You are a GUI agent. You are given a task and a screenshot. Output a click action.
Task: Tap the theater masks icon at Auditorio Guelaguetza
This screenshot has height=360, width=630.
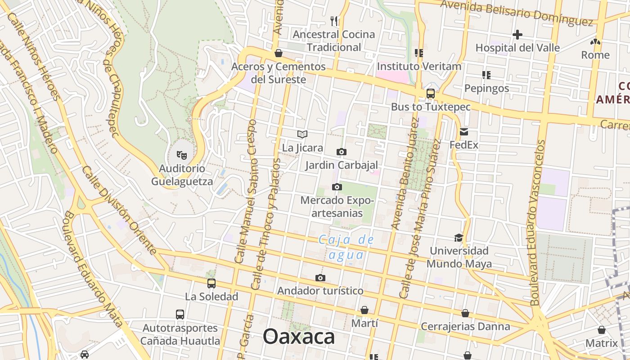tap(182, 155)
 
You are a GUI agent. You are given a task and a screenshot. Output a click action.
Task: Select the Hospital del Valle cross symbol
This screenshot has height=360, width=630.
tap(517, 34)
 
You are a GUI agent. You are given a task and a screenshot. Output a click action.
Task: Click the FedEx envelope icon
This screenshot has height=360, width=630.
tap(464, 132)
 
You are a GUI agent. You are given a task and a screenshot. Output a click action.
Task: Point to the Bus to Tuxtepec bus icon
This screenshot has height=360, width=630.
tap(431, 94)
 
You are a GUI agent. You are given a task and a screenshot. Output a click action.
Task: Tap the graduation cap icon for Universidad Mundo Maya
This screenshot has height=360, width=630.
tap(459, 237)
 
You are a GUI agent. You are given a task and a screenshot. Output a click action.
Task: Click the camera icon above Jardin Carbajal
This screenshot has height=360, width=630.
tap(342, 152)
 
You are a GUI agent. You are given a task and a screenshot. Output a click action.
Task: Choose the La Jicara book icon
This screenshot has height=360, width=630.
tap(302, 134)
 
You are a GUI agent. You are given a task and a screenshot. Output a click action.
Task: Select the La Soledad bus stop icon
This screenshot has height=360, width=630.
tap(211, 283)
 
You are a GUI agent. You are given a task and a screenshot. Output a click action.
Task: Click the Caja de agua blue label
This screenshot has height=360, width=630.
tap(346, 247)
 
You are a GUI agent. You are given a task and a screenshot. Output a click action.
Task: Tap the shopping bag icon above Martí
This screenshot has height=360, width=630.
tap(364, 310)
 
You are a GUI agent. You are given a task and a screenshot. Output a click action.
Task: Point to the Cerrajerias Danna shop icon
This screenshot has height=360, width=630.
tap(465, 313)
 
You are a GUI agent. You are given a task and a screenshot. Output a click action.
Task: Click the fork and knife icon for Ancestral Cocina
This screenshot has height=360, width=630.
tap(334, 20)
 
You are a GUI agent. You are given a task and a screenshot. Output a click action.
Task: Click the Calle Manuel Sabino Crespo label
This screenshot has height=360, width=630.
tap(246, 191)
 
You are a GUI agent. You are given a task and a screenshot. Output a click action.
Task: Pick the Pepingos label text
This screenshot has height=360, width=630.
tap(486, 88)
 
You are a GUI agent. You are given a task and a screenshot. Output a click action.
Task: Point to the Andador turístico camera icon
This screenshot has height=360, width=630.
tap(320, 278)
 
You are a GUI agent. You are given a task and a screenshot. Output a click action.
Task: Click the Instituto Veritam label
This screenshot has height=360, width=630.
tap(419, 67)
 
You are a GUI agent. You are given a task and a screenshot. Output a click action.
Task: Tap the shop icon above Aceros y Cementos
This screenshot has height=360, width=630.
tap(279, 53)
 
